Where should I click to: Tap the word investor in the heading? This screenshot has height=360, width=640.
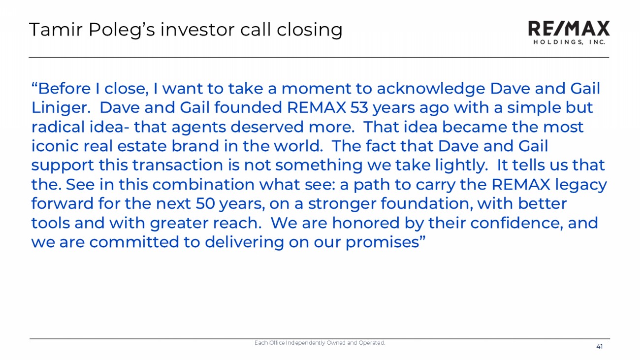pyautogui.click(x=198, y=30)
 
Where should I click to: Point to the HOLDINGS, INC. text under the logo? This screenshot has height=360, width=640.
pyautogui.click(x=569, y=42)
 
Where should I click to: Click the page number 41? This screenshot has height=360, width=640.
pyautogui.click(x=600, y=347)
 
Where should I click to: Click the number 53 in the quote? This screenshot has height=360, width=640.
pyautogui.click(x=359, y=108)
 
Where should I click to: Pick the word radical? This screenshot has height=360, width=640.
pyautogui.click(x=58, y=127)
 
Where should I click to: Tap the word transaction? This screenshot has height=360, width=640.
pyautogui.click(x=177, y=165)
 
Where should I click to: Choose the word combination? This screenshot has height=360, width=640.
pyautogui.click(x=203, y=184)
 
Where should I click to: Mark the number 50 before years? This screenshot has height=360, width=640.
pyautogui.click(x=205, y=204)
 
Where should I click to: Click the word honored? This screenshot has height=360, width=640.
pyautogui.click(x=365, y=223)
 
